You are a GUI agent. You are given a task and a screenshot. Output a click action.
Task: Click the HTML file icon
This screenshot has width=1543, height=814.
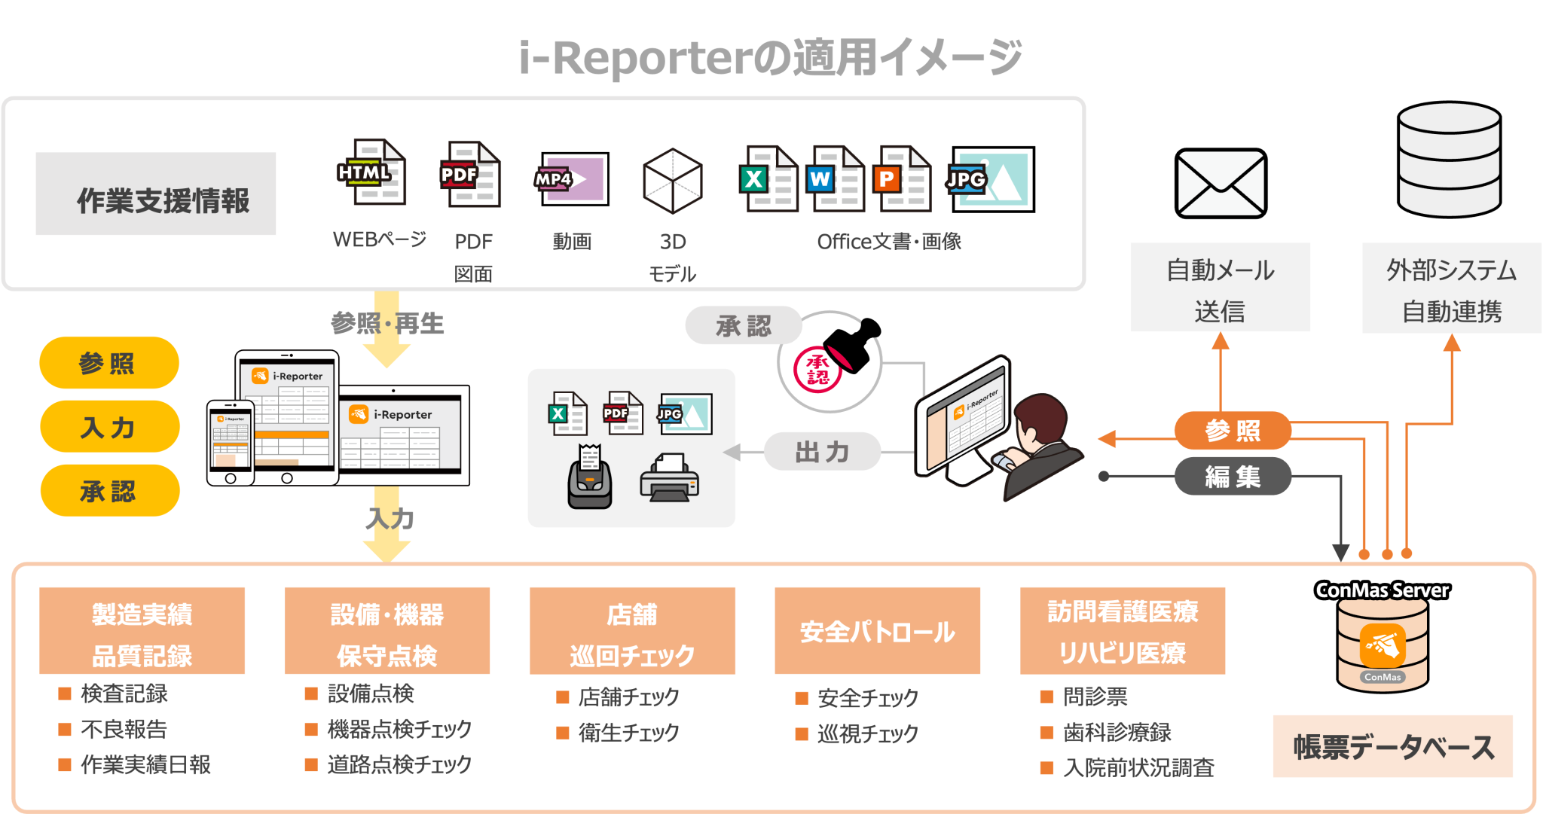point(371,172)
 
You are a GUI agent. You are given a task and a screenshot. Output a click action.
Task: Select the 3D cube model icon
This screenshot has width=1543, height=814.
point(673,181)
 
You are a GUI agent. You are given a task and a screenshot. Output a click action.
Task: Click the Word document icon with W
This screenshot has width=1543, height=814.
point(835,178)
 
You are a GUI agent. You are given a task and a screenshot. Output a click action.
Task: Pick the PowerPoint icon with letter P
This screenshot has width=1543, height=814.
point(902,178)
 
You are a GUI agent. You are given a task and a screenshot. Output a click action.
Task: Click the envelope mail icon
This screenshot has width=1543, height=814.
point(1221,183)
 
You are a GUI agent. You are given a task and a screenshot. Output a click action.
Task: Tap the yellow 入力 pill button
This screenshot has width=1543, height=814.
point(109,427)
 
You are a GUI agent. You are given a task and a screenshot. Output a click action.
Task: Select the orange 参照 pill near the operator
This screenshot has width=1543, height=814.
point(1233,431)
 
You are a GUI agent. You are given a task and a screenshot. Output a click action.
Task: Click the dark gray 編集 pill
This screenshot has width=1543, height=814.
point(1233,476)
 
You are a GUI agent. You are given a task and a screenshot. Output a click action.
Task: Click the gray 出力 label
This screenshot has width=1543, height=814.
point(822,452)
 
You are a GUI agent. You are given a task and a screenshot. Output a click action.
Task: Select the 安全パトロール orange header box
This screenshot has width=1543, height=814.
point(877,631)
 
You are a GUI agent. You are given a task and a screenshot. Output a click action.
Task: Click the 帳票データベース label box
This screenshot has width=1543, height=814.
point(1392,746)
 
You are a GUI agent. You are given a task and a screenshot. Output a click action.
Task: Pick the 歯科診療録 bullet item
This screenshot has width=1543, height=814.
point(1117,732)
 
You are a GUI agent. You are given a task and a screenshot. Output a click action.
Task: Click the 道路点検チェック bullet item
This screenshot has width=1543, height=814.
point(399,764)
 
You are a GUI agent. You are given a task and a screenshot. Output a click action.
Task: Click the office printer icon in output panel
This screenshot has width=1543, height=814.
point(669,477)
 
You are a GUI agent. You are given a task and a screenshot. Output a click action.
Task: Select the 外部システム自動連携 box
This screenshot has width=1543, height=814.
point(1451,288)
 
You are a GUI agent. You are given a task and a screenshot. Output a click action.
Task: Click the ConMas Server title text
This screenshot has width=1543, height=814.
point(1382,590)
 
